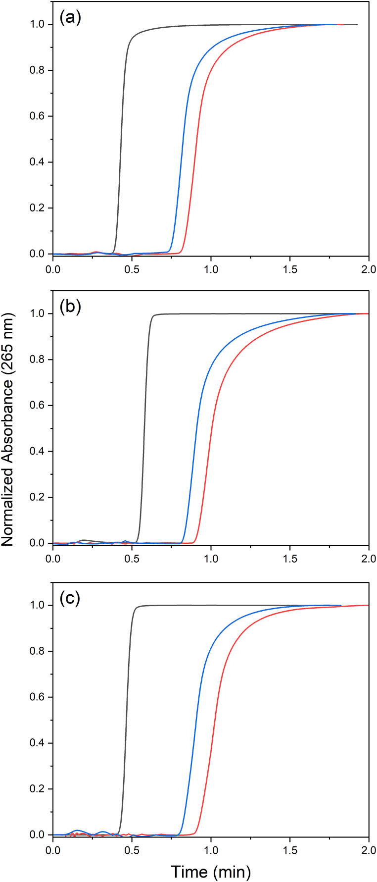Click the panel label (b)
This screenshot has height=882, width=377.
[70, 307]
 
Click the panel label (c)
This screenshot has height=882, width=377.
[70, 599]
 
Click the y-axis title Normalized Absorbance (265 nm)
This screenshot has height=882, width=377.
[7, 429]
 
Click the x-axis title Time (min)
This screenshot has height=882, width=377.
[211, 872]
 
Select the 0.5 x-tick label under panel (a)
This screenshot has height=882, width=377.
[132, 269]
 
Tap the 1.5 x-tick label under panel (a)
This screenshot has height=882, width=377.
[290, 269]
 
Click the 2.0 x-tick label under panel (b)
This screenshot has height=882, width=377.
[368, 559]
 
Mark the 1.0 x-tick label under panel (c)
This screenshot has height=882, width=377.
[211, 850]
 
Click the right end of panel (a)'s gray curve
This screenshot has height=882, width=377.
[357, 24]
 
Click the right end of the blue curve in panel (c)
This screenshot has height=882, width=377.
[340, 605]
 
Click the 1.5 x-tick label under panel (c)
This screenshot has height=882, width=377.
[290, 850]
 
